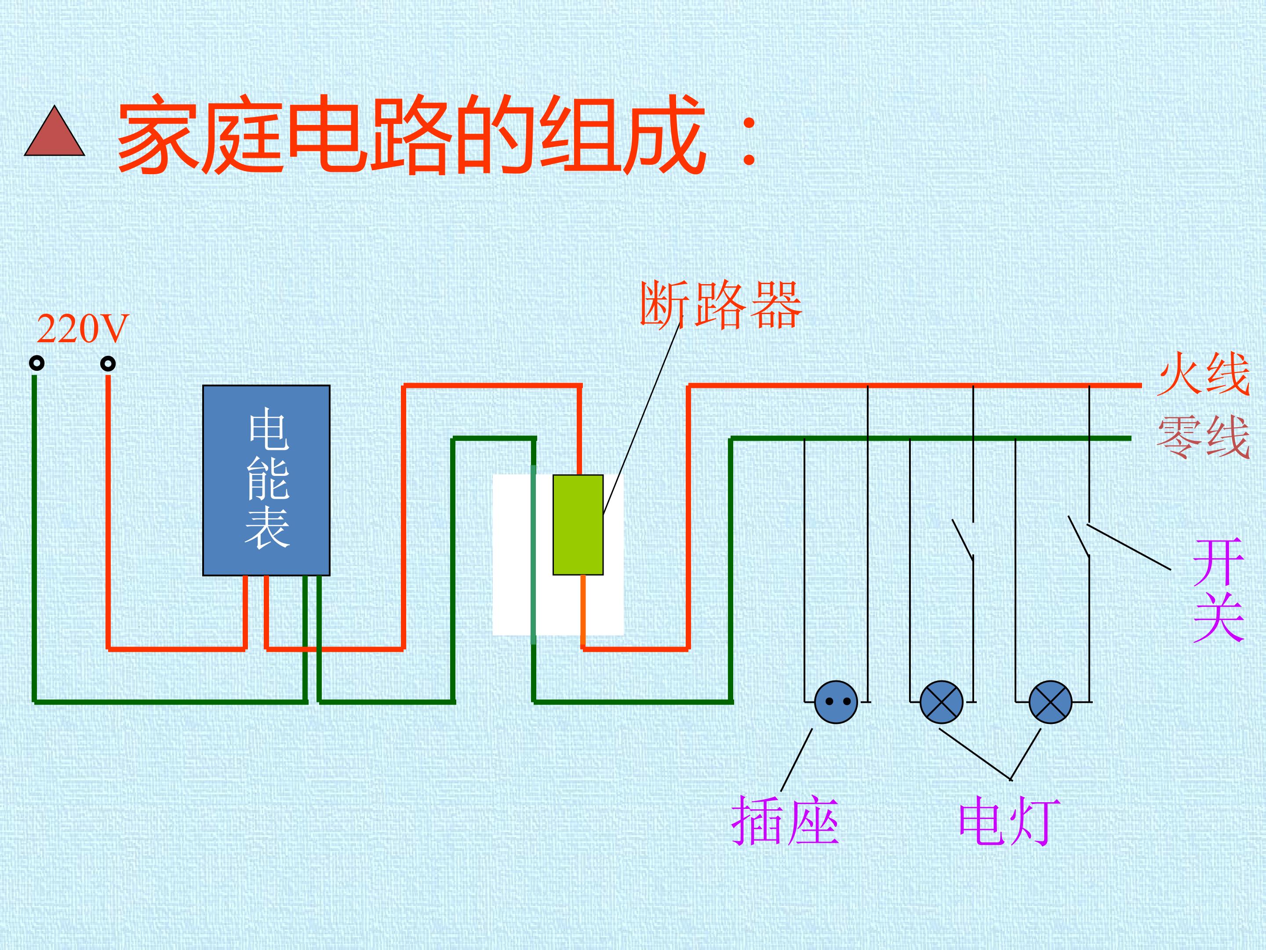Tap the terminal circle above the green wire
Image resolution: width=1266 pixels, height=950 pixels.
36,363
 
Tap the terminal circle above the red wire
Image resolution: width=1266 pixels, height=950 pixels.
108,363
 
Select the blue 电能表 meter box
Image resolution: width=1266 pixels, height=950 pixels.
266,480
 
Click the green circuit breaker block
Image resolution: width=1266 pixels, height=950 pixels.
578,525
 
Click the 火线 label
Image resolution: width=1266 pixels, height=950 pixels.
1203,373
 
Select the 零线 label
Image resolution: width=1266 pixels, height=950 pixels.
1203,436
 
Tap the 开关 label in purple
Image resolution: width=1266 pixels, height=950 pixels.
1219,590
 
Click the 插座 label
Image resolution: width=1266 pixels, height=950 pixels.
785,821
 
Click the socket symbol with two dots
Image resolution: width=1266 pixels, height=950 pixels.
836,702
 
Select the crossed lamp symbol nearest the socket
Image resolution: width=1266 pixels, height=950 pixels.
942,702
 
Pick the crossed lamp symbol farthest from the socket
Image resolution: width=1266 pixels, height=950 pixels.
1050,702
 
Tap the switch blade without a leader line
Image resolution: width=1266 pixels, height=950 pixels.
963,539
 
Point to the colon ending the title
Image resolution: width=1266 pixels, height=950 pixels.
749,140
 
